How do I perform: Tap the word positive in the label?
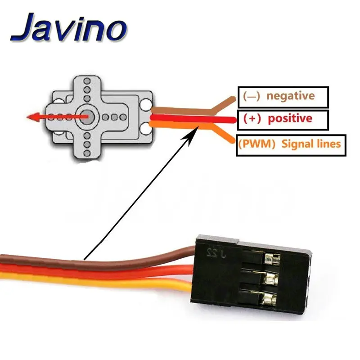(290, 119)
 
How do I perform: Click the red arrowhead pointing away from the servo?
(31, 117)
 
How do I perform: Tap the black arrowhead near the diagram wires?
(196, 131)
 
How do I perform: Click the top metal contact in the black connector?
(271, 259)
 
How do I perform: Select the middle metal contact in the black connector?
(270, 277)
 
